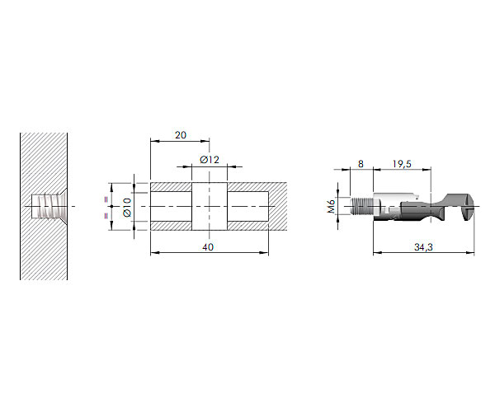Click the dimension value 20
tap(181, 135)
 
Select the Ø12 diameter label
tap(210, 160)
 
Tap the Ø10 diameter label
tap(127, 207)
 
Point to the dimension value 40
tap(208, 247)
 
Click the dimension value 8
tap(361, 164)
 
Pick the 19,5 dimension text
tap(402, 164)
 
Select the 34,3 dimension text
tap(423, 247)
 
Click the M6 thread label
tap(331, 207)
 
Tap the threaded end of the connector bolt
tap(362, 206)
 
